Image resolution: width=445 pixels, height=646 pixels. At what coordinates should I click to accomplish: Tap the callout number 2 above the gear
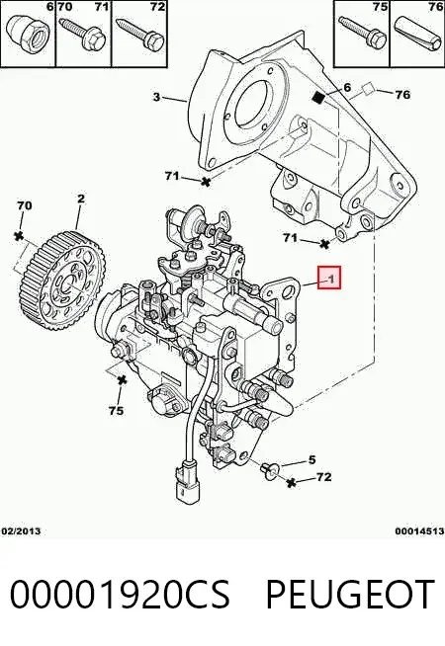(x=81, y=199)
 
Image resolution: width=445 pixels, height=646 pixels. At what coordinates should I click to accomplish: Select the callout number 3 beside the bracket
(x=156, y=97)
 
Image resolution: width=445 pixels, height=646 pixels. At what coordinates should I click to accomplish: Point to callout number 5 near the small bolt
(x=311, y=459)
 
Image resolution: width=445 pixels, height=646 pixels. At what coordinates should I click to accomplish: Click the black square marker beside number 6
(x=318, y=97)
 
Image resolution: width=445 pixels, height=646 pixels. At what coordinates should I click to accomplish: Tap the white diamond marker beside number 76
(x=368, y=89)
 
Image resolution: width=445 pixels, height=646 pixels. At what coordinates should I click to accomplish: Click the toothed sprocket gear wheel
(x=62, y=281)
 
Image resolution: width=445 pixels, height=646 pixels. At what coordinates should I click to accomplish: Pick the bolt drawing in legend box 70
(x=83, y=35)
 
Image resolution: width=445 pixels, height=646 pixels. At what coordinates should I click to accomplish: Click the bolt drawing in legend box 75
(x=362, y=33)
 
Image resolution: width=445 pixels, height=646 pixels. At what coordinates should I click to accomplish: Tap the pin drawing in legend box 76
(x=417, y=33)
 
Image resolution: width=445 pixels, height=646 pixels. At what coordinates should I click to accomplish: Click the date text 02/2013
(x=22, y=531)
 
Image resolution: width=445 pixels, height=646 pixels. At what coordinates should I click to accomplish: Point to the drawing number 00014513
(x=419, y=531)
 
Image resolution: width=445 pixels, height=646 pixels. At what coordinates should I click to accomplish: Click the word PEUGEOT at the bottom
(x=350, y=594)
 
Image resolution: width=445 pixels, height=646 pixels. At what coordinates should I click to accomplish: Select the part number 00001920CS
(x=120, y=594)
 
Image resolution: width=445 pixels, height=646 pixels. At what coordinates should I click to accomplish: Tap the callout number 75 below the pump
(x=117, y=411)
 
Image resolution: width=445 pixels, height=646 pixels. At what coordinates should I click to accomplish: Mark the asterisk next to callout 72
(x=292, y=482)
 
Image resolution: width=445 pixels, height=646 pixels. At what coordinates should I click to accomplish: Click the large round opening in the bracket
(x=250, y=103)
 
